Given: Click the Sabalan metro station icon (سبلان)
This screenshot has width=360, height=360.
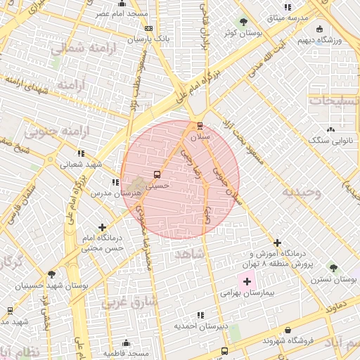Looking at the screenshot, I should tap(200, 126).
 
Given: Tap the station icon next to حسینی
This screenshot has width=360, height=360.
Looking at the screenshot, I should tap(156, 174).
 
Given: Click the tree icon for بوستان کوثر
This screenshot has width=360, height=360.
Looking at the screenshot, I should tap(243, 22).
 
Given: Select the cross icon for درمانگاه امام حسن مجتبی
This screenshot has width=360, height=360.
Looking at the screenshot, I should tap(103, 227).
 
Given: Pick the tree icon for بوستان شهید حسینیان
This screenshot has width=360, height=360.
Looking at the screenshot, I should tap(51, 275).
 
